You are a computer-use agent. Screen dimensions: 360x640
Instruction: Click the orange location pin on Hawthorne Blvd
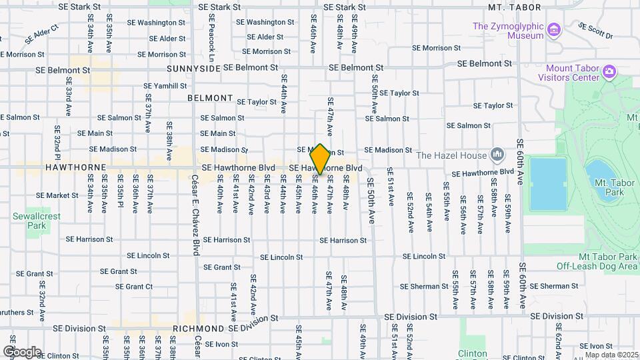(320, 159)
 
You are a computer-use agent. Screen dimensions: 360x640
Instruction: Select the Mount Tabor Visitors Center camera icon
(609, 71)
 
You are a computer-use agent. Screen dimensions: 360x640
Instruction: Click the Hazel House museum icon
(497, 155)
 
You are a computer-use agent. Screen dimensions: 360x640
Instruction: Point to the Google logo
(22, 351)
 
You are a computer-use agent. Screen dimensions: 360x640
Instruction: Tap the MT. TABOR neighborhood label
(512, 7)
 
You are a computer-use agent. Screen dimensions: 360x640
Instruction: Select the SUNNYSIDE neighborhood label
(193, 68)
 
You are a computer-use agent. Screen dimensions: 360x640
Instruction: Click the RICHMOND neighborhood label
(198, 329)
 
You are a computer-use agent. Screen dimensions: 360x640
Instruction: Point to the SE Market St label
(57, 195)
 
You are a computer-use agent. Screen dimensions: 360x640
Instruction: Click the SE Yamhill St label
(165, 86)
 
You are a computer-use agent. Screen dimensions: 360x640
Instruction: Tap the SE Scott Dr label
(596, 31)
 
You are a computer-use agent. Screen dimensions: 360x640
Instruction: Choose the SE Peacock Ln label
(211, 35)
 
